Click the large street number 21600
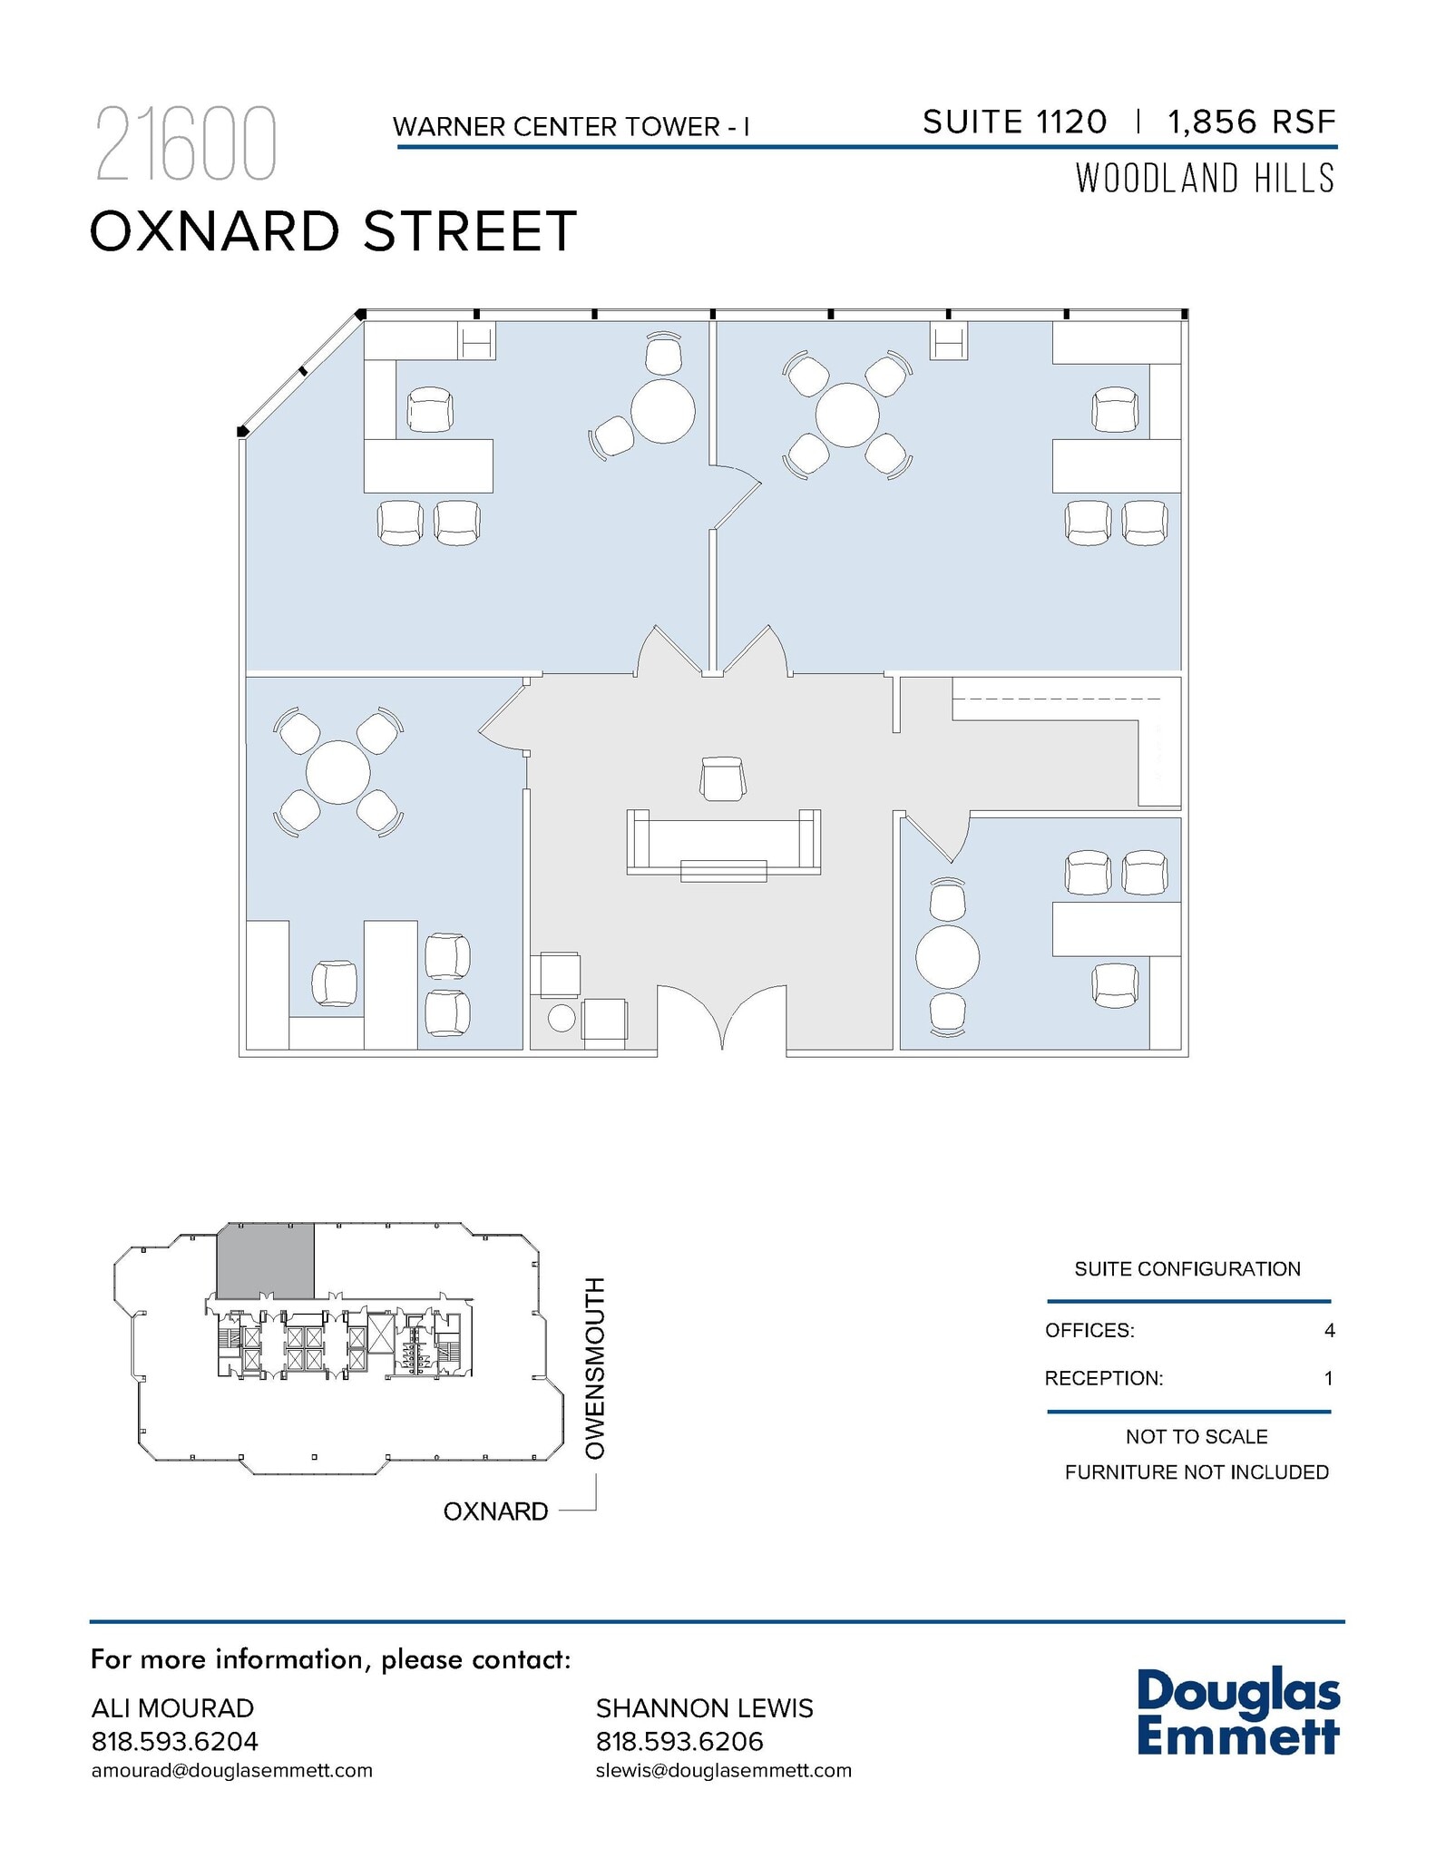185,145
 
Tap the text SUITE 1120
1014,122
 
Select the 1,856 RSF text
1252,122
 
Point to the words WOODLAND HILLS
1205,179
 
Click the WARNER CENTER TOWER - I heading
571,127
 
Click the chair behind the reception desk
723,779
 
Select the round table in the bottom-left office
337,773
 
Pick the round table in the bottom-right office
947,957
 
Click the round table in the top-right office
847,416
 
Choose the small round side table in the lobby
562,1018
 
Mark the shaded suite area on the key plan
265,1260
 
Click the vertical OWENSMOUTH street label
594,1368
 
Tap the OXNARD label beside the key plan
495,1511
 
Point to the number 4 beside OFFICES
1329,1331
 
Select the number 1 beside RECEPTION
1329,1379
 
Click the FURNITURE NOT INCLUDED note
1197,1472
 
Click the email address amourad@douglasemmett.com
232,1771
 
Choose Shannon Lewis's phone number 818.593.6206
679,1742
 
